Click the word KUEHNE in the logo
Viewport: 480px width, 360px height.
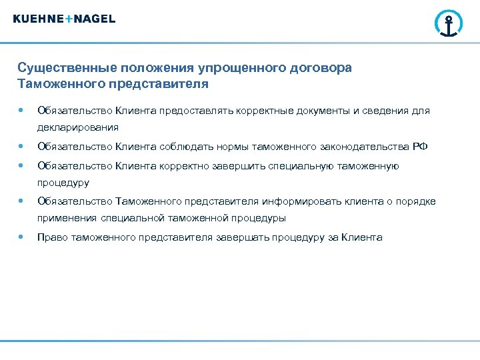(39, 19)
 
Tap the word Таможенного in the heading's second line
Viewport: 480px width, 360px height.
(55, 85)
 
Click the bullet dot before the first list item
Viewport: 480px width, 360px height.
(23, 111)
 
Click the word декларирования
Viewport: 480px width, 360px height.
(78, 127)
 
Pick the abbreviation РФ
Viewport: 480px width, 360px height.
(419, 147)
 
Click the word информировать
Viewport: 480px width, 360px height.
(296, 201)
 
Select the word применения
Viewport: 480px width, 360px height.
(67, 218)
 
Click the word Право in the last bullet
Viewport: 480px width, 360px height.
(51, 237)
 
